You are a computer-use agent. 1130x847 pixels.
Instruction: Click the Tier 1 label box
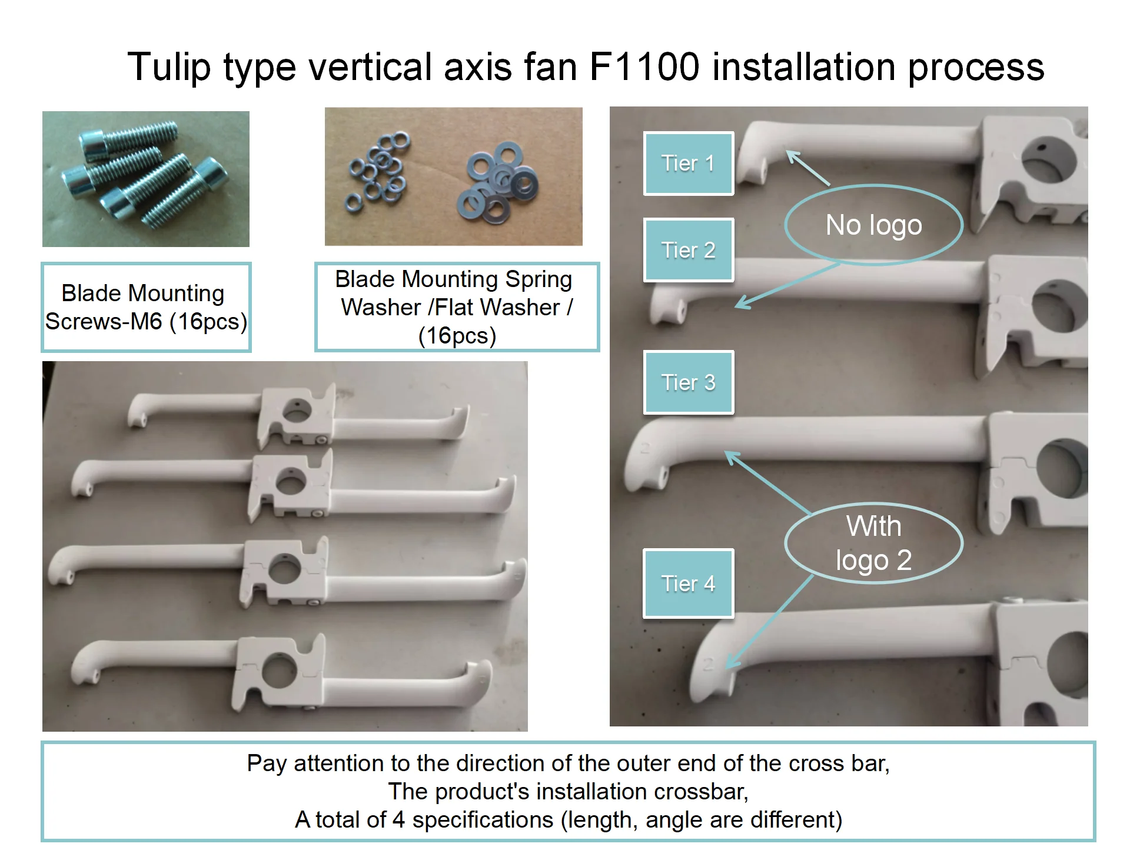point(688,164)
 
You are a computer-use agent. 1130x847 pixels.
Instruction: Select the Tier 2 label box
point(688,251)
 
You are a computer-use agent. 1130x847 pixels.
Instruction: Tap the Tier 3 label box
point(688,383)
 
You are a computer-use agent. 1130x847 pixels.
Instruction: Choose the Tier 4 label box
point(688,583)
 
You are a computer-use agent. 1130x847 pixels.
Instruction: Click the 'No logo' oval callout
point(873,225)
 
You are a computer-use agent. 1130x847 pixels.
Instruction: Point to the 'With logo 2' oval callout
point(873,543)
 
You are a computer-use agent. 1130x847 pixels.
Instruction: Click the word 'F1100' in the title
point(644,66)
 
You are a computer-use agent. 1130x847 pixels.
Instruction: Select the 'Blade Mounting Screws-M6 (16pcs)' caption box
point(146,307)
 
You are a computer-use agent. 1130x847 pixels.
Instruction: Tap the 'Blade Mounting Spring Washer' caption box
point(457,307)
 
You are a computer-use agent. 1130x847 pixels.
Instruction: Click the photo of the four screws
point(146,179)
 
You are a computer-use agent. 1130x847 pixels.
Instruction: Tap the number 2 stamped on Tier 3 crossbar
point(644,448)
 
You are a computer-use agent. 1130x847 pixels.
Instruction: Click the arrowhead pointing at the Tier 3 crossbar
point(730,456)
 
